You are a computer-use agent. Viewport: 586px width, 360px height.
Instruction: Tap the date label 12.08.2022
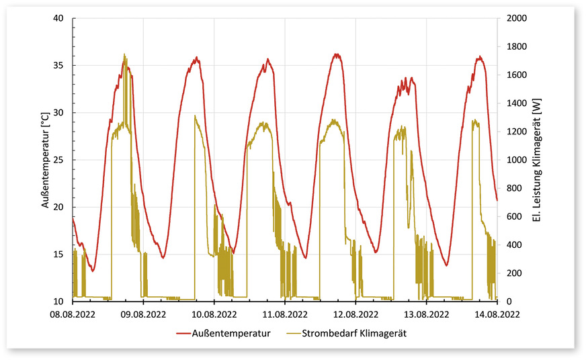click(355, 313)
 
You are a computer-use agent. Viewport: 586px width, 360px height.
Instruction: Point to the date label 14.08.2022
click(497, 313)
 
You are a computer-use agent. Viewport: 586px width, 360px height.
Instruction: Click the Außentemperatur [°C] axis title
click(45, 160)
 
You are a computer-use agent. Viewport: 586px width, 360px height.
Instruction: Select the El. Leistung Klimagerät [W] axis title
click(536, 160)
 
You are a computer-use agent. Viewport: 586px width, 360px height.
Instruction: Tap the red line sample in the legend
click(185, 332)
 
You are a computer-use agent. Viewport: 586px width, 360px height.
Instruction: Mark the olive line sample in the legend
click(296, 332)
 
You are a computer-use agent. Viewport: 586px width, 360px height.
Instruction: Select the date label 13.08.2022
click(426, 313)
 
